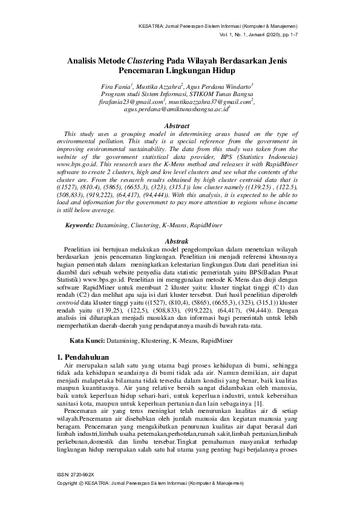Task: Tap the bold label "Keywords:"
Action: click(x=79, y=225)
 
